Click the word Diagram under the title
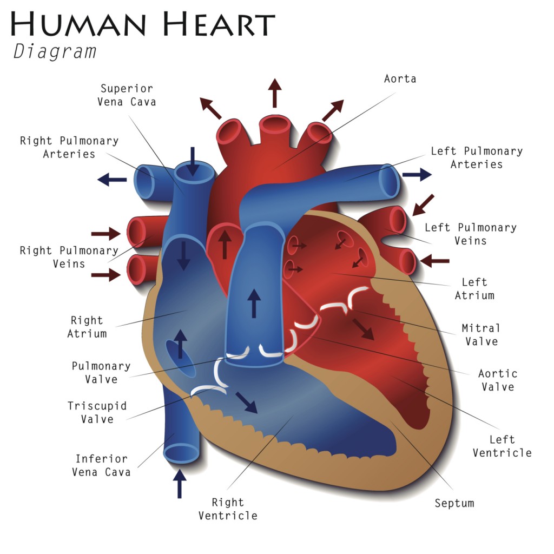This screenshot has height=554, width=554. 55,51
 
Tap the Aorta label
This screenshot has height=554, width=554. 400,79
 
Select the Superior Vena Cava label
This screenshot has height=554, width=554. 127,95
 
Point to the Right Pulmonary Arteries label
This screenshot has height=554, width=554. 69,147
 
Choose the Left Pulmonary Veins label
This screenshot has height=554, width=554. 471,234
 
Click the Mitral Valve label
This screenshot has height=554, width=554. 480,334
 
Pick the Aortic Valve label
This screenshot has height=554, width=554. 498,380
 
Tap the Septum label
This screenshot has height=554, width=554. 454,503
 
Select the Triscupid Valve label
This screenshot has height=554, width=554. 97,412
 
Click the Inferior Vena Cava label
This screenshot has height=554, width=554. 102,465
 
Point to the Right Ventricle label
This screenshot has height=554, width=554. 228,509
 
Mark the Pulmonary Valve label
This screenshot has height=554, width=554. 101,373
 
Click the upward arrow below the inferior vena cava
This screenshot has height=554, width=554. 180,484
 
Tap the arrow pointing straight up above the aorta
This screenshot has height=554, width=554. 275,93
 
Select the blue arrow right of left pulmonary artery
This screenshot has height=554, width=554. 417,174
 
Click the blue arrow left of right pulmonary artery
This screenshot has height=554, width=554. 111,180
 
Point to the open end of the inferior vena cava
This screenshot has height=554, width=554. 182,453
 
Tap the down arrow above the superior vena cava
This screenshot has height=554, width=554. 193,161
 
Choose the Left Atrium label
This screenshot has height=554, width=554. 474,289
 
